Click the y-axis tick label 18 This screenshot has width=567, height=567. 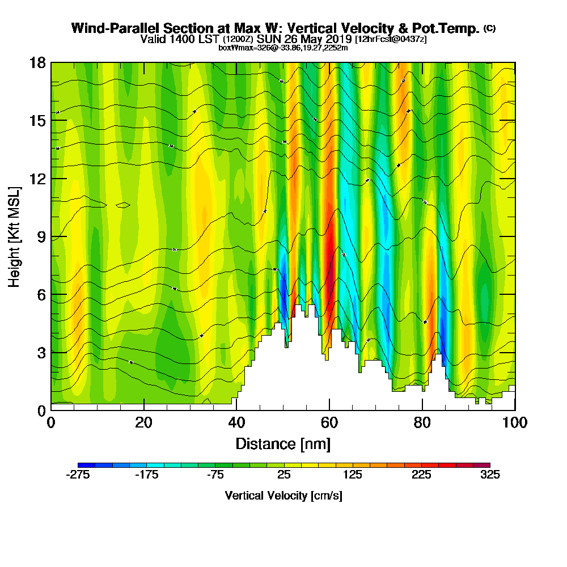37,62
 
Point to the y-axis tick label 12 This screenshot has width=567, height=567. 37,178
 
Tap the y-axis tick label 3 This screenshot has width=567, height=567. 41,352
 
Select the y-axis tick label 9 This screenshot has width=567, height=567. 41,236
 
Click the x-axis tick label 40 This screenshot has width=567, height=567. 236,423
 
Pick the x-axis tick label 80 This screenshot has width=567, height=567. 422,423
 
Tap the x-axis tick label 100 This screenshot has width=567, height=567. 515,423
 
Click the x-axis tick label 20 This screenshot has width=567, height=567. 144,423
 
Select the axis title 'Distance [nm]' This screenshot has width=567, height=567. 283,443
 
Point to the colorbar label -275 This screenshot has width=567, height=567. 78,475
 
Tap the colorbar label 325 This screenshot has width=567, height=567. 490,475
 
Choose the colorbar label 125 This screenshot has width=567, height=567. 353,475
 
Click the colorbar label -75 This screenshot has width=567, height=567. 215,475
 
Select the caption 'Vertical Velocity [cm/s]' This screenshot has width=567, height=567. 283,496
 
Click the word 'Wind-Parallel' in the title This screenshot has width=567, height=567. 116,28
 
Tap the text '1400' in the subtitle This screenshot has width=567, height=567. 178,39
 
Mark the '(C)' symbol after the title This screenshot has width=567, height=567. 489,28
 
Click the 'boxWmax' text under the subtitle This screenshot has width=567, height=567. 234,48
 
